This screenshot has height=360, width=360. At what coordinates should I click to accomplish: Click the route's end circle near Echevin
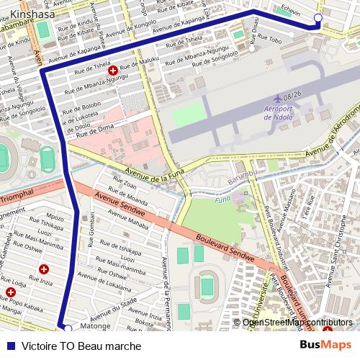[x=318, y=17]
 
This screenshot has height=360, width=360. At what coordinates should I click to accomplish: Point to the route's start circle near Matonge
[x=68, y=328]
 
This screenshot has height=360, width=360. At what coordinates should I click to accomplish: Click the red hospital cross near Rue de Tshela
[x=112, y=71]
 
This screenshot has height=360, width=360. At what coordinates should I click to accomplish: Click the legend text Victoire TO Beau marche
[x=81, y=345]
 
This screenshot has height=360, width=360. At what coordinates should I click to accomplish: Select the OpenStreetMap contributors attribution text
[x=297, y=322]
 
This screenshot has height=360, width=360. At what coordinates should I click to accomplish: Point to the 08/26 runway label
[x=292, y=96]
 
